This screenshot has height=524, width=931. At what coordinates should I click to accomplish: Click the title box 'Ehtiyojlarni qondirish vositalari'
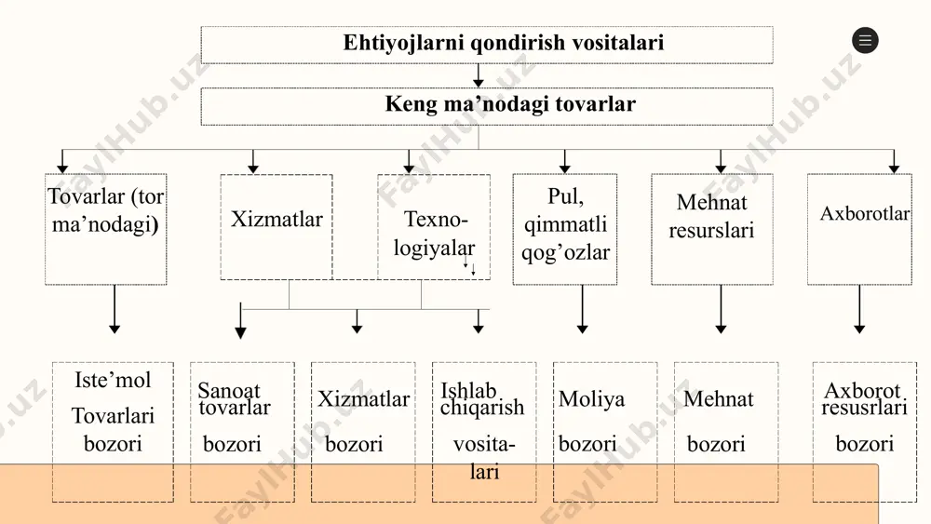click(x=487, y=45)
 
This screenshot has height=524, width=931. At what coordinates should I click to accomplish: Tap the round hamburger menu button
click(x=865, y=40)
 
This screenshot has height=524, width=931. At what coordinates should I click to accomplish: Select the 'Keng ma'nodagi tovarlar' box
click(x=487, y=106)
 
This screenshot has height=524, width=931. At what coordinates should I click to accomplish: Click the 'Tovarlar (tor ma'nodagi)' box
click(x=106, y=229)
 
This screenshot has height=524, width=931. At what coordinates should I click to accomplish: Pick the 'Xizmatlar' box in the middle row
click(x=277, y=227)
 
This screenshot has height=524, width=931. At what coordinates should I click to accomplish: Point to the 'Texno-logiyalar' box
click(x=434, y=227)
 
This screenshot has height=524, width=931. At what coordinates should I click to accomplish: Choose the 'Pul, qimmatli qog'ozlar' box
click(x=565, y=229)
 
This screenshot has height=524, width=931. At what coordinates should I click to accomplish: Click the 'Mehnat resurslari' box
click(x=712, y=229)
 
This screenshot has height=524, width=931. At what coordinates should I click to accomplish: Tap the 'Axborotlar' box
click(x=859, y=229)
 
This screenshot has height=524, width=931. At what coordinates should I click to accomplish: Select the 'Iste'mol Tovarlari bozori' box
click(x=113, y=432)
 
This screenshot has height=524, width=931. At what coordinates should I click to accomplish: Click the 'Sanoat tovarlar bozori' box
click(x=242, y=432)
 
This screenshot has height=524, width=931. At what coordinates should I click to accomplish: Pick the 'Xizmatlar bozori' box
click(x=363, y=432)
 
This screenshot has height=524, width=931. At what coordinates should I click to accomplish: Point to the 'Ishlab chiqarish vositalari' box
click(x=484, y=432)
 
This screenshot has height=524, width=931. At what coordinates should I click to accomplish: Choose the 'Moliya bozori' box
click(x=605, y=432)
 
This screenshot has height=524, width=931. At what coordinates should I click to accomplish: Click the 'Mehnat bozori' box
click(x=726, y=432)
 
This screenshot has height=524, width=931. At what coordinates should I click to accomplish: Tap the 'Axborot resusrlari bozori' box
click(x=865, y=432)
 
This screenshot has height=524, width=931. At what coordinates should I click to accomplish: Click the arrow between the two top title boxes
click(x=478, y=75)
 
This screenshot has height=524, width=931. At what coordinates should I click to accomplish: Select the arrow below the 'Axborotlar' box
click(x=859, y=309)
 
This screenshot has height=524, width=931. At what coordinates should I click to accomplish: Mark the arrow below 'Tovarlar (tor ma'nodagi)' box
click(x=115, y=309)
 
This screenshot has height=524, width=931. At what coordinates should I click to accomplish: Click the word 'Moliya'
click(x=591, y=398)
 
